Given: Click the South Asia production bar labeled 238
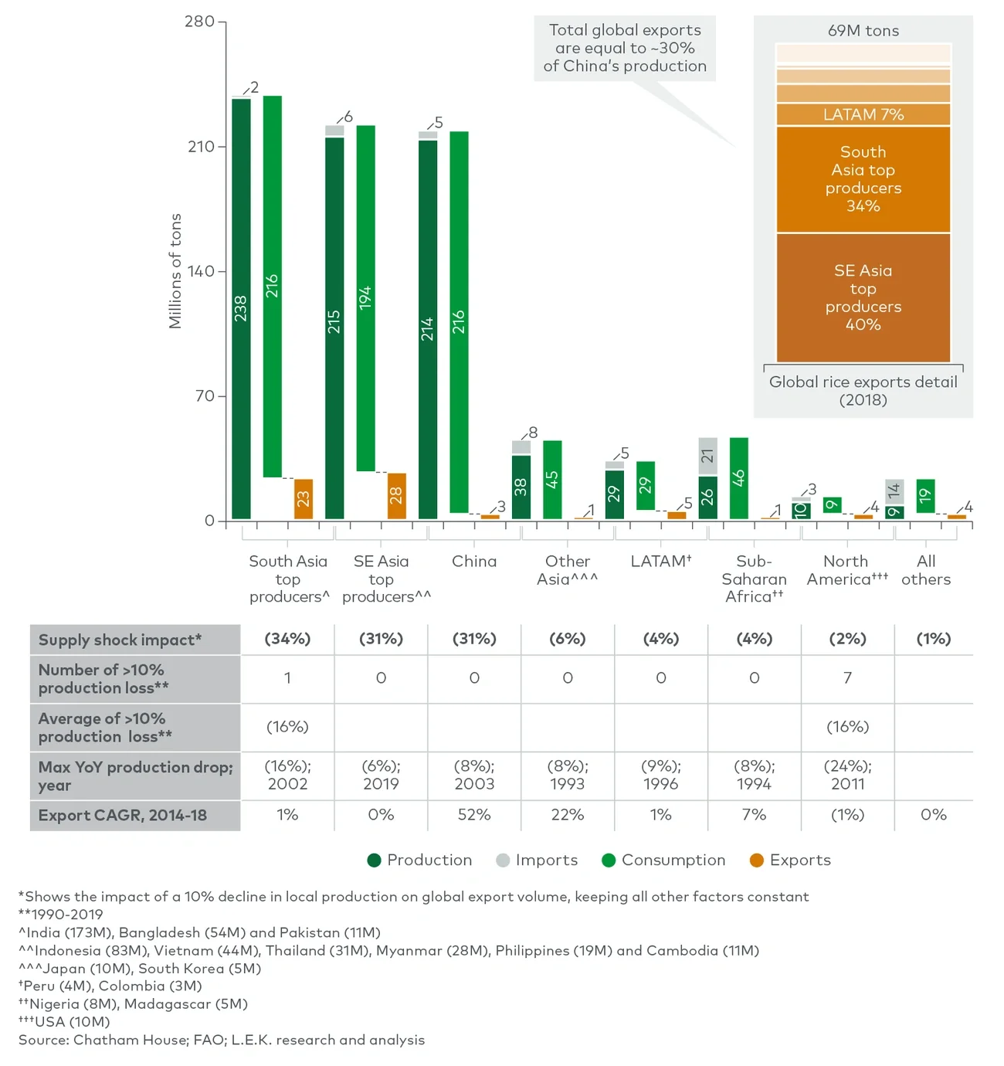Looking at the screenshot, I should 241,309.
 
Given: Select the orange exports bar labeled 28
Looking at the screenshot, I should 396,496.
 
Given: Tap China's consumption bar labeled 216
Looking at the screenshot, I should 459,321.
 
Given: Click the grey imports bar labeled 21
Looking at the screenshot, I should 707,456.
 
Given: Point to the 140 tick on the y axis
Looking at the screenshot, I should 201,271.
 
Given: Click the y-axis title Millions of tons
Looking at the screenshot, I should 175,271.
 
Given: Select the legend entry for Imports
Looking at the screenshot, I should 537,860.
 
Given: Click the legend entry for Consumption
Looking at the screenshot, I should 663,860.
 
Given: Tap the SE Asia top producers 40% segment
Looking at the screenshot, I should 863,297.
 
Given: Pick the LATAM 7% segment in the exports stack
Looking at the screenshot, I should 863,114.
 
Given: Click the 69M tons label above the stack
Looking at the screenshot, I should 863,31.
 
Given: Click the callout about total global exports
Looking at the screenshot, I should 625,48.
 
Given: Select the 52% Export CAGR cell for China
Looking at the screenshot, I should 474,815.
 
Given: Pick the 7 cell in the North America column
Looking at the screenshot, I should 847,678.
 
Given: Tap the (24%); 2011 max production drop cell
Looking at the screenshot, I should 847,775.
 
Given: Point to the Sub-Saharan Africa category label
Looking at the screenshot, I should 754,579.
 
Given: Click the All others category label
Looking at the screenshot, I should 925,570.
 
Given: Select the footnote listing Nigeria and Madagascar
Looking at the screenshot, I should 133,1004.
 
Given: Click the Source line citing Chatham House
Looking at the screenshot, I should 222,1040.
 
